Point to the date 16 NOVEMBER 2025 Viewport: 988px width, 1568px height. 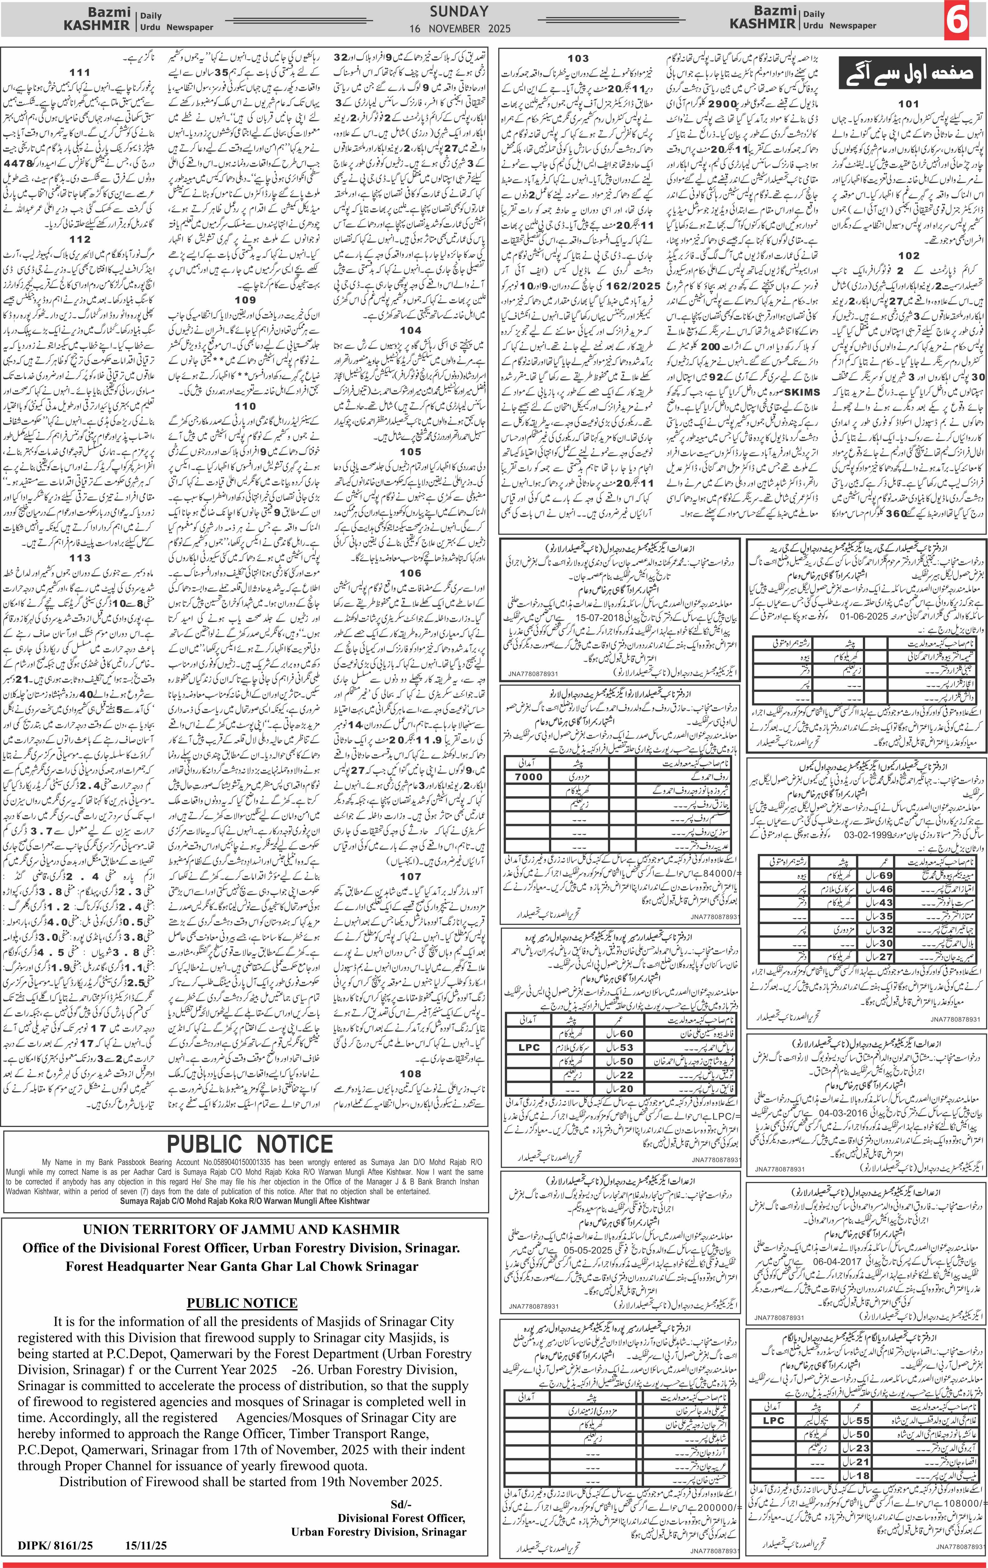tap(461, 29)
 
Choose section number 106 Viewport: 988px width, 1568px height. tap(410, 573)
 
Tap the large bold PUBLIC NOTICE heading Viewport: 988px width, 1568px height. tap(250, 1144)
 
